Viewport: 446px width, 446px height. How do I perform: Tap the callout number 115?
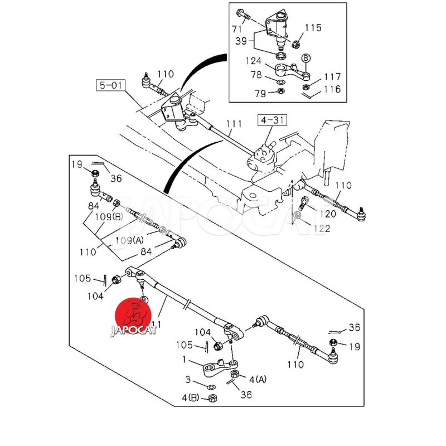click(x=313, y=27)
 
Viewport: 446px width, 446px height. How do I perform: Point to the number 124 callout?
click(x=254, y=61)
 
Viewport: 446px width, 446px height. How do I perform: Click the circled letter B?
click(x=306, y=57)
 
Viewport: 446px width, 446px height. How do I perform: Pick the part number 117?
click(x=332, y=77)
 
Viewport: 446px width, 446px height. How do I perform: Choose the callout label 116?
click(x=332, y=89)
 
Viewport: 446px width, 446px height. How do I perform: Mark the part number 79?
click(x=260, y=94)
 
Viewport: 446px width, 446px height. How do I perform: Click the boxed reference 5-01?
click(x=110, y=86)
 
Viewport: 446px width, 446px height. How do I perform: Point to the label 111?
click(x=234, y=124)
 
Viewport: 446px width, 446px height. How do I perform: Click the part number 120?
click(x=328, y=214)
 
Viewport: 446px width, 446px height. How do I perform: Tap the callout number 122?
click(x=322, y=228)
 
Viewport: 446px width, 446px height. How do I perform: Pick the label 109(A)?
click(x=130, y=240)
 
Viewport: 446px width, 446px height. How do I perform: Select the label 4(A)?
click(x=258, y=380)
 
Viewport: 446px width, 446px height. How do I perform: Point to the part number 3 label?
click(x=188, y=380)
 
